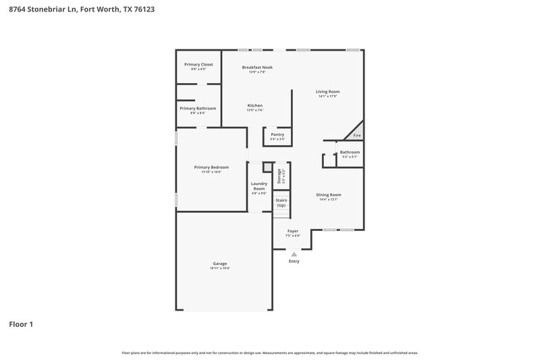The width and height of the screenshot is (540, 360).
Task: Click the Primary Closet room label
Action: point(198,64)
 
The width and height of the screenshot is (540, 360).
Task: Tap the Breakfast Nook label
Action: point(257,67)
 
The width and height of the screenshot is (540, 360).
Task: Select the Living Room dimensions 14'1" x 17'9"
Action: point(328,96)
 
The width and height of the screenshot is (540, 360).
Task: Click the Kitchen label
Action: point(255,105)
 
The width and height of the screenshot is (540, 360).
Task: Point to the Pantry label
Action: point(277,134)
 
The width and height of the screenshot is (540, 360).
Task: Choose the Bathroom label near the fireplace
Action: point(350,152)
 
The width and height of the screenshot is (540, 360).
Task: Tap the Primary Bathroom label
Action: point(198,108)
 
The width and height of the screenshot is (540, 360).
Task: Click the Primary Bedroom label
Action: point(211,167)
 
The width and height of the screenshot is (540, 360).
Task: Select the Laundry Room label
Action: point(259,186)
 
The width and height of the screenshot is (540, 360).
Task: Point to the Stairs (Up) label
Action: point(281,202)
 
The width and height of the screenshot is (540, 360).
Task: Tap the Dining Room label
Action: point(329,195)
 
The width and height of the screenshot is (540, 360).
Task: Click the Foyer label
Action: point(293,231)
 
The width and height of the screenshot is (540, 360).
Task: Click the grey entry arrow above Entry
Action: point(294,254)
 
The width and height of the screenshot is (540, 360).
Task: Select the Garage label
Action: point(220,263)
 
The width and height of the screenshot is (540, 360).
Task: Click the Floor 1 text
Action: point(21,324)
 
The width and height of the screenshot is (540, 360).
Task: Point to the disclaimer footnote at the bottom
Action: point(270,353)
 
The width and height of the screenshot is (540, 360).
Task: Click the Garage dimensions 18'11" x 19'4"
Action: point(220,268)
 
